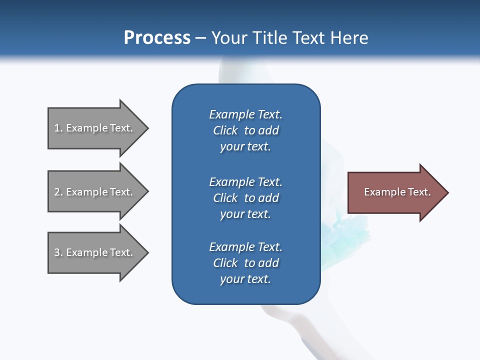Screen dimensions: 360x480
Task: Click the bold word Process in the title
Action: click(157, 38)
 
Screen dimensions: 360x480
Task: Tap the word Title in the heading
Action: click(267, 38)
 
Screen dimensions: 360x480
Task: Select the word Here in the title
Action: click(349, 38)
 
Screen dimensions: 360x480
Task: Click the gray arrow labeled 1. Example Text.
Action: click(95, 128)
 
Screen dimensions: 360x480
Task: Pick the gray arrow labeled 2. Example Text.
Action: click(95, 192)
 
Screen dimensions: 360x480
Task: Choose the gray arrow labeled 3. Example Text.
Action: click(95, 252)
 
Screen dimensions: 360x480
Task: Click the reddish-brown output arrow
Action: click(395, 192)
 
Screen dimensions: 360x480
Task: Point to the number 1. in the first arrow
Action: click(58, 128)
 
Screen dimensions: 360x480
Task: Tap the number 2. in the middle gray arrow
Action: click(58, 192)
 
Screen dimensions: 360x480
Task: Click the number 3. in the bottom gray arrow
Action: click(58, 252)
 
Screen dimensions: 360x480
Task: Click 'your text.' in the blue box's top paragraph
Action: click(245, 147)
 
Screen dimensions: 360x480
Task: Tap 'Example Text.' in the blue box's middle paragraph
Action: click(245, 182)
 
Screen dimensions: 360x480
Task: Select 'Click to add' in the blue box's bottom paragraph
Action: click(245, 263)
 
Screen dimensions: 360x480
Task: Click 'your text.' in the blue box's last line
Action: click(245, 279)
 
